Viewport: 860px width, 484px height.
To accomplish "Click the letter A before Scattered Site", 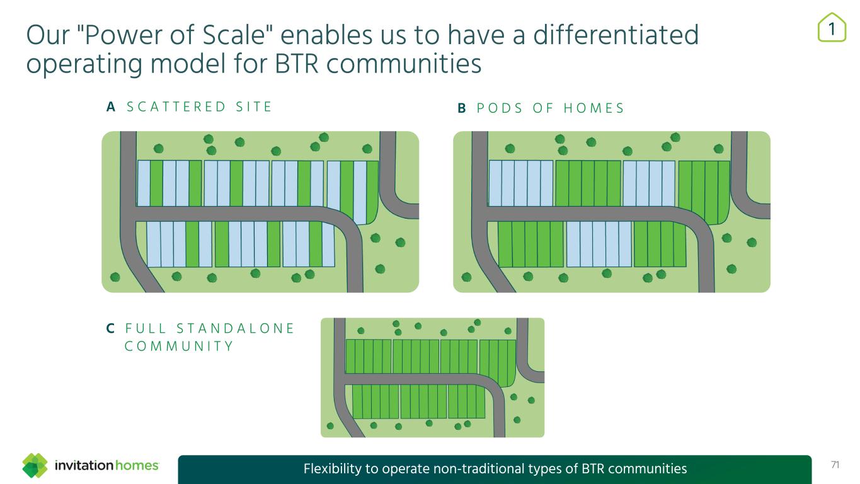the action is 111,108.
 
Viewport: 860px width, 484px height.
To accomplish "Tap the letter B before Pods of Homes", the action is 462,108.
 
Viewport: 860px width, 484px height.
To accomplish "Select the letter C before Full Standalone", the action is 110,328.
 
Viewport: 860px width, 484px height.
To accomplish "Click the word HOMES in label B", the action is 593,108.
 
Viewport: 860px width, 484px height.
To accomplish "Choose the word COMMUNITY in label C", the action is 179,346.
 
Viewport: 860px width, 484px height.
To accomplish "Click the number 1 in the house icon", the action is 832,28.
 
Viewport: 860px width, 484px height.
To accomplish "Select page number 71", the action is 835,465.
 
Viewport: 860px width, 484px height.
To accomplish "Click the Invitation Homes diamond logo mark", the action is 35,466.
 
